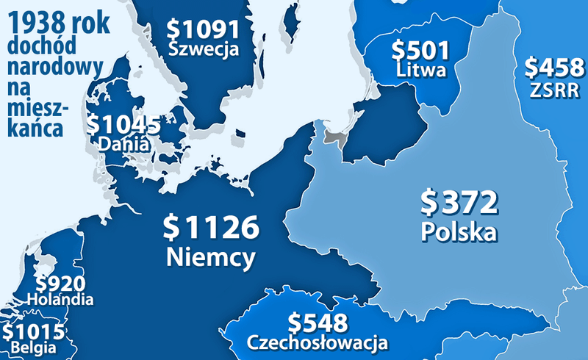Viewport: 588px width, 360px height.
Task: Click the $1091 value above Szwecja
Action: click(x=204, y=30)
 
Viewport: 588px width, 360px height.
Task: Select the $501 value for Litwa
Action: click(x=420, y=51)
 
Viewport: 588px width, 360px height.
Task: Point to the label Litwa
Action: click(x=420, y=71)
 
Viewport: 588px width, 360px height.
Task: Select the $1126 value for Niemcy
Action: click(x=210, y=228)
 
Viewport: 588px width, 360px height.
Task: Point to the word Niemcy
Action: click(x=211, y=257)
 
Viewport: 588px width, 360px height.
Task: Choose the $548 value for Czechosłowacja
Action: click(x=317, y=323)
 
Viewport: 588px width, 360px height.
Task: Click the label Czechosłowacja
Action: click(x=317, y=342)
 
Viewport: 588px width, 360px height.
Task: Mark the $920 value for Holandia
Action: click(x=60, y=284)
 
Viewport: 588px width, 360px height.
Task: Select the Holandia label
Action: click(x=60, y=300)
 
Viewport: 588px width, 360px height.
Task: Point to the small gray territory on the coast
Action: click(x=335, y=137)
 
